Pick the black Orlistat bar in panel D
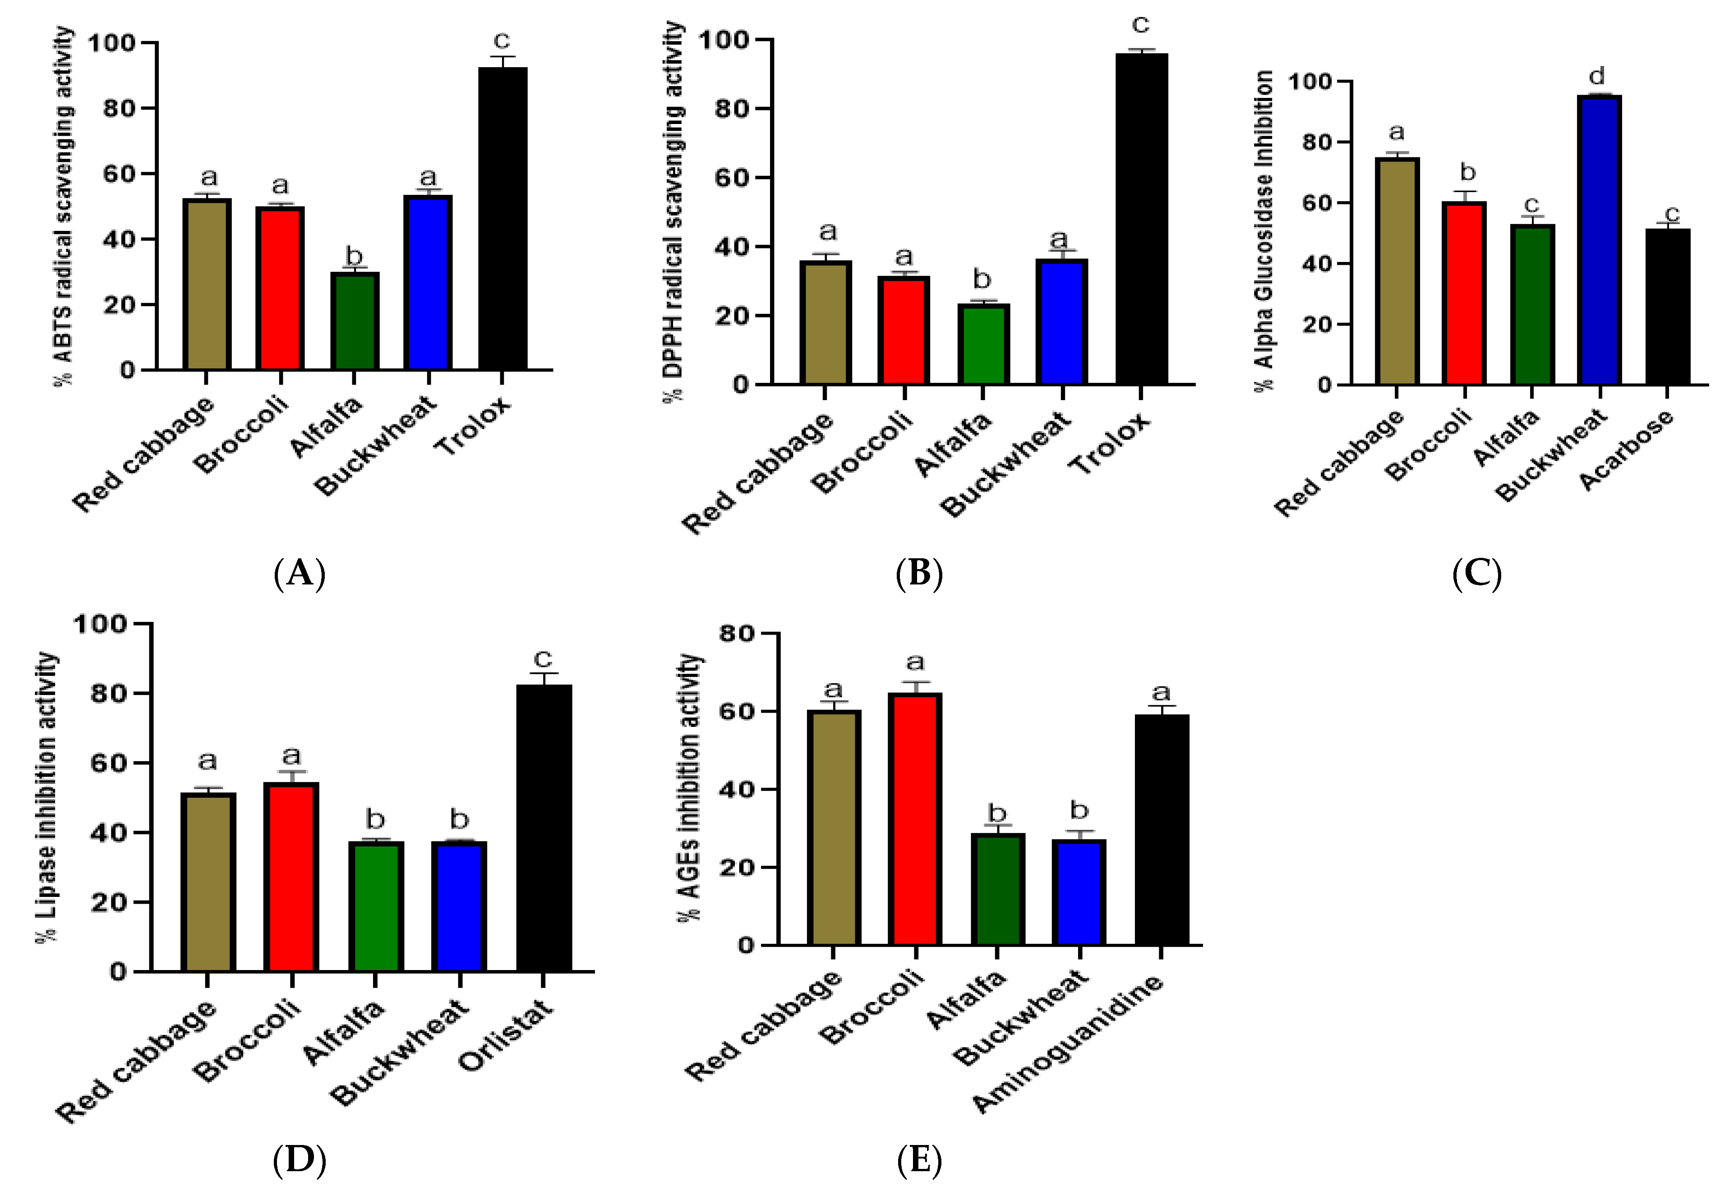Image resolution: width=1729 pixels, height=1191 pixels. (544, 828)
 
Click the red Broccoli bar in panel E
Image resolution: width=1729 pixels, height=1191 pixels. (915, 819)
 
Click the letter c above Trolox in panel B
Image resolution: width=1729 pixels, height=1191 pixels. (1140, 25)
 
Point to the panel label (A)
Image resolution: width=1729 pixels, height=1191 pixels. (299, 574)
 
